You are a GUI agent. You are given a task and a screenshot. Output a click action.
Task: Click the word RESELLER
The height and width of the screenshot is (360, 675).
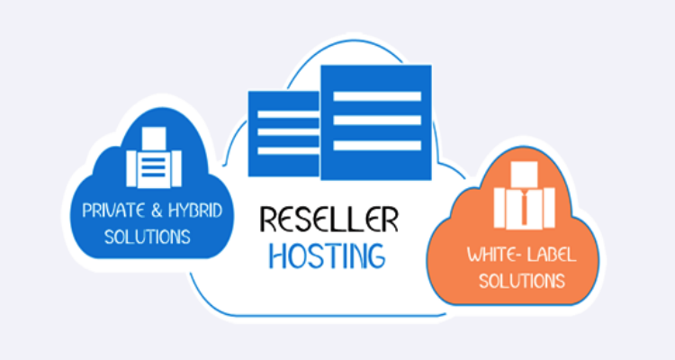pyautogui.click(x=328, y=220)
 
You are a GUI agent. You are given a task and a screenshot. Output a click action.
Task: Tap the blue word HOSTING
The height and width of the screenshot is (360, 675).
pyautogui.click(x=328, y=256)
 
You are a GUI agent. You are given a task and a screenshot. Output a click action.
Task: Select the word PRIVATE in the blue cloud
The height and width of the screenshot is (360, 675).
pyautogui.click(x=113, y=211)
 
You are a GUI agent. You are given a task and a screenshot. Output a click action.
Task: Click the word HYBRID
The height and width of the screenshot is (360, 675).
pyautogui.click(x=195, y=210)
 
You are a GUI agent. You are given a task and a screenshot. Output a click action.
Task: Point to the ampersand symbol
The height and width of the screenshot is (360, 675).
pyautogui.click(x=157, y=211)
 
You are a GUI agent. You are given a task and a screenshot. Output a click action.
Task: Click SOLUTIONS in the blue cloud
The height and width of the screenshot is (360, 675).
pyautogui.click(x=148, y=237)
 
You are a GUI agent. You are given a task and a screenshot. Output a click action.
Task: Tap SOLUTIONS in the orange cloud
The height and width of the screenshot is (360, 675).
pyautogui.click(x=522, y=281)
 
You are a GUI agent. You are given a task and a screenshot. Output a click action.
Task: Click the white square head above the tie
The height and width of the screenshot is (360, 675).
pyautogui.click(x=524, y=174)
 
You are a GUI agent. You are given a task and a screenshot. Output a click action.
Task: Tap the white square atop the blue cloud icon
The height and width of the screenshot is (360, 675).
pyautogui.click(x=154, y=139)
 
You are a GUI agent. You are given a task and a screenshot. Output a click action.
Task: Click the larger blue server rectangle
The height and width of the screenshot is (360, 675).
pyautogui.click(x=376, y=122)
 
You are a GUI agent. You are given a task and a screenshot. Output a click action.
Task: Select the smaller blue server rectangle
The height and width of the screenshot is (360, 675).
pyautogui.click(x=283, y=134)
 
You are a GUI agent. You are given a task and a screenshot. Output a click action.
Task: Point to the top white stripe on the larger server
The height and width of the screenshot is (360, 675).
pyautogui.click(x=377, y=96)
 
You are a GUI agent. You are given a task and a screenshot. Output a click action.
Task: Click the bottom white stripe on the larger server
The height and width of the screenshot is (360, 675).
pyautogui.click(x=377, y=145)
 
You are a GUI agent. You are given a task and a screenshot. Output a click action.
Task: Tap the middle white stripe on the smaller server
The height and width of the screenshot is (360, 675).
pyautogui.click(x=288, y=131)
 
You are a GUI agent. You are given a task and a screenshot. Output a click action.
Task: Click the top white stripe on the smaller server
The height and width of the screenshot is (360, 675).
pyautogui.click(x=288, y=113)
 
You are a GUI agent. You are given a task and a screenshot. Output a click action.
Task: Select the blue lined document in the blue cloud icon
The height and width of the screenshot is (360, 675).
pyautogui.click(x=154, y=168)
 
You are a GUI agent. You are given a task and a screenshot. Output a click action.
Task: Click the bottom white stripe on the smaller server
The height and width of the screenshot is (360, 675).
pyautogui.click(x=288, y=150)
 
